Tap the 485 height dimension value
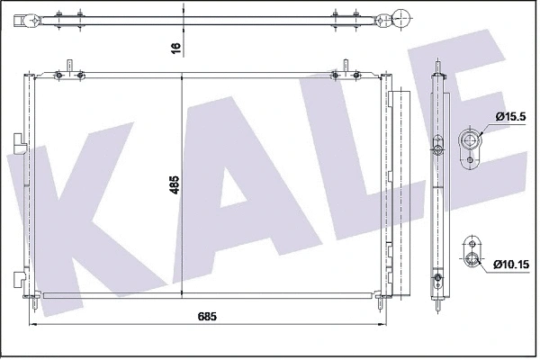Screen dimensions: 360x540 [176, 185]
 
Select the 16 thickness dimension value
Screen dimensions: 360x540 [176, 45]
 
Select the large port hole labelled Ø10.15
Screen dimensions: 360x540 [471, 261]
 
